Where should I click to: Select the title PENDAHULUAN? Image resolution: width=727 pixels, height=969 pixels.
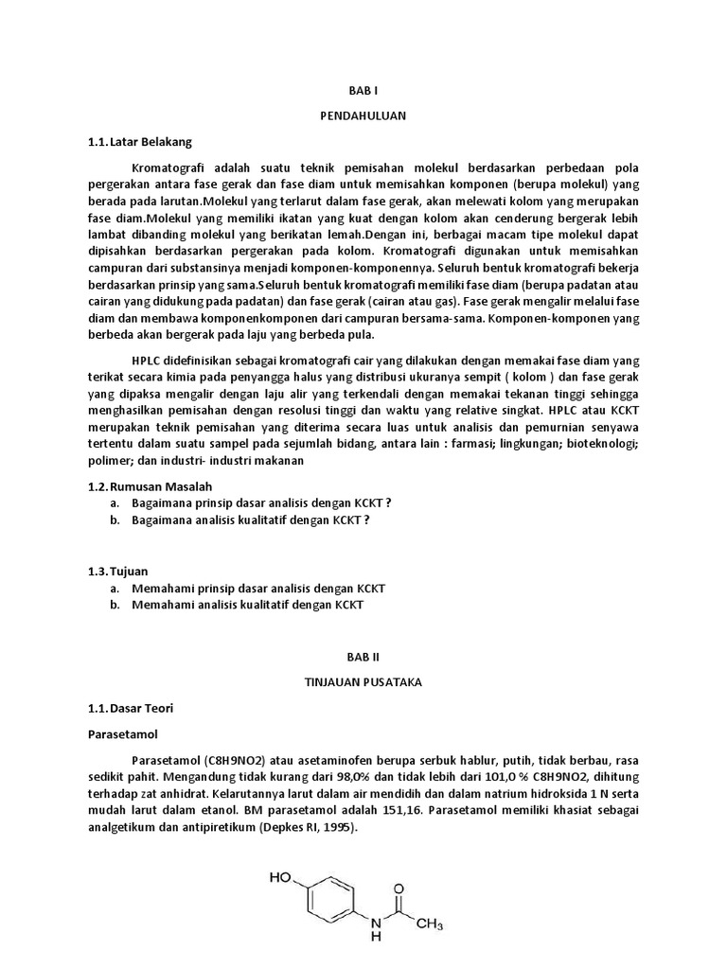(363, 116)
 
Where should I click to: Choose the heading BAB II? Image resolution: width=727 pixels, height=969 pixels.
(363, 655)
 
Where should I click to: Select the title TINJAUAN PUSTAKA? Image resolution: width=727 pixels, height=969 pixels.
(363, 680)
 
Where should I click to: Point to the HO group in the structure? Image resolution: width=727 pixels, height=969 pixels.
(280, 878)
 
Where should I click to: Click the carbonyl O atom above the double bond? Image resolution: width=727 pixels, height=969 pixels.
(399, 890)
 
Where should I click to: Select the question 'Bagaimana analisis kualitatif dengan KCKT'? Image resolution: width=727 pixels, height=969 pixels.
(250, 520)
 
